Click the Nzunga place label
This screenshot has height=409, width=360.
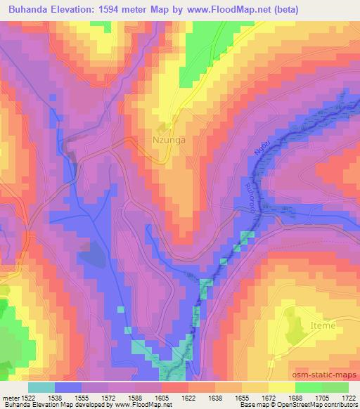(x=169, y=140)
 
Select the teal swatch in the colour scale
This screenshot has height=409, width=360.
(x=41, y=387)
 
